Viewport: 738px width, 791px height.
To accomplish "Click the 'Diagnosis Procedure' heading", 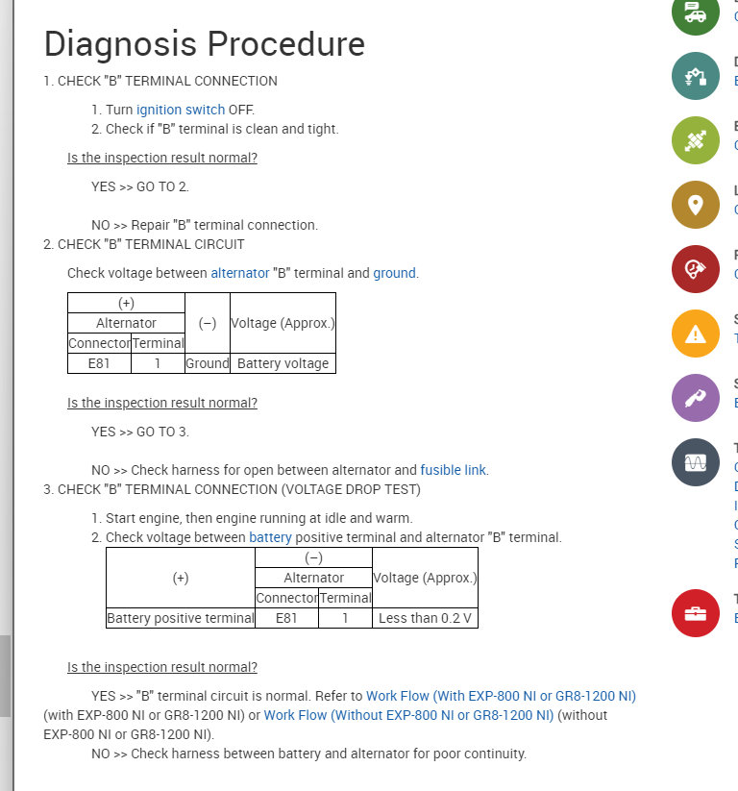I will [204, 44].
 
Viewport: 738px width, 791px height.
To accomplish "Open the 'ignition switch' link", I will [181, 110].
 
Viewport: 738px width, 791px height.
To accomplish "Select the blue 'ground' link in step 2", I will [394, 273].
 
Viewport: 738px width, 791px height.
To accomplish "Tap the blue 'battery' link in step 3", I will [270, 537].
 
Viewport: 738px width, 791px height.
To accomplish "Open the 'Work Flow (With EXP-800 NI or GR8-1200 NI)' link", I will [501, 696].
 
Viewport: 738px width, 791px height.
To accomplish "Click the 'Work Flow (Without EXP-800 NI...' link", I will [408, 715].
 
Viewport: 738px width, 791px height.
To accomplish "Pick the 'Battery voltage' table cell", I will [283, 363].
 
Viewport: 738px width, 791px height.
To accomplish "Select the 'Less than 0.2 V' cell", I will [425, 618].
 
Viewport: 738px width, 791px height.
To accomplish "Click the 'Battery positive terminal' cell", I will [181, 618].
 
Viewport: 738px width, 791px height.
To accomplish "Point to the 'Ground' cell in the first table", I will [207, 363].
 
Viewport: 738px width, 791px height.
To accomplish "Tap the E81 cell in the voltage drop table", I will [286, 618].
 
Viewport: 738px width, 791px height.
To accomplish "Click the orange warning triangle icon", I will [696, 334].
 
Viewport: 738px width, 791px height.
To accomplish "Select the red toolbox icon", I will [696, 612].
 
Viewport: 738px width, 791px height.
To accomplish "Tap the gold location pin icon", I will [696, 204].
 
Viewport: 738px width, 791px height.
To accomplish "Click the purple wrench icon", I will [696, 398].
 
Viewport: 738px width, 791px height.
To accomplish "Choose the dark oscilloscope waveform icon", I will [696, 462].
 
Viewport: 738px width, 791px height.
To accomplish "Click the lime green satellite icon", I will [696, 140].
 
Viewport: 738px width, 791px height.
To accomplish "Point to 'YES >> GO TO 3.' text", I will [140, 432].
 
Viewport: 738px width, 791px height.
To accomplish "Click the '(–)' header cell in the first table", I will [207, 323].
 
